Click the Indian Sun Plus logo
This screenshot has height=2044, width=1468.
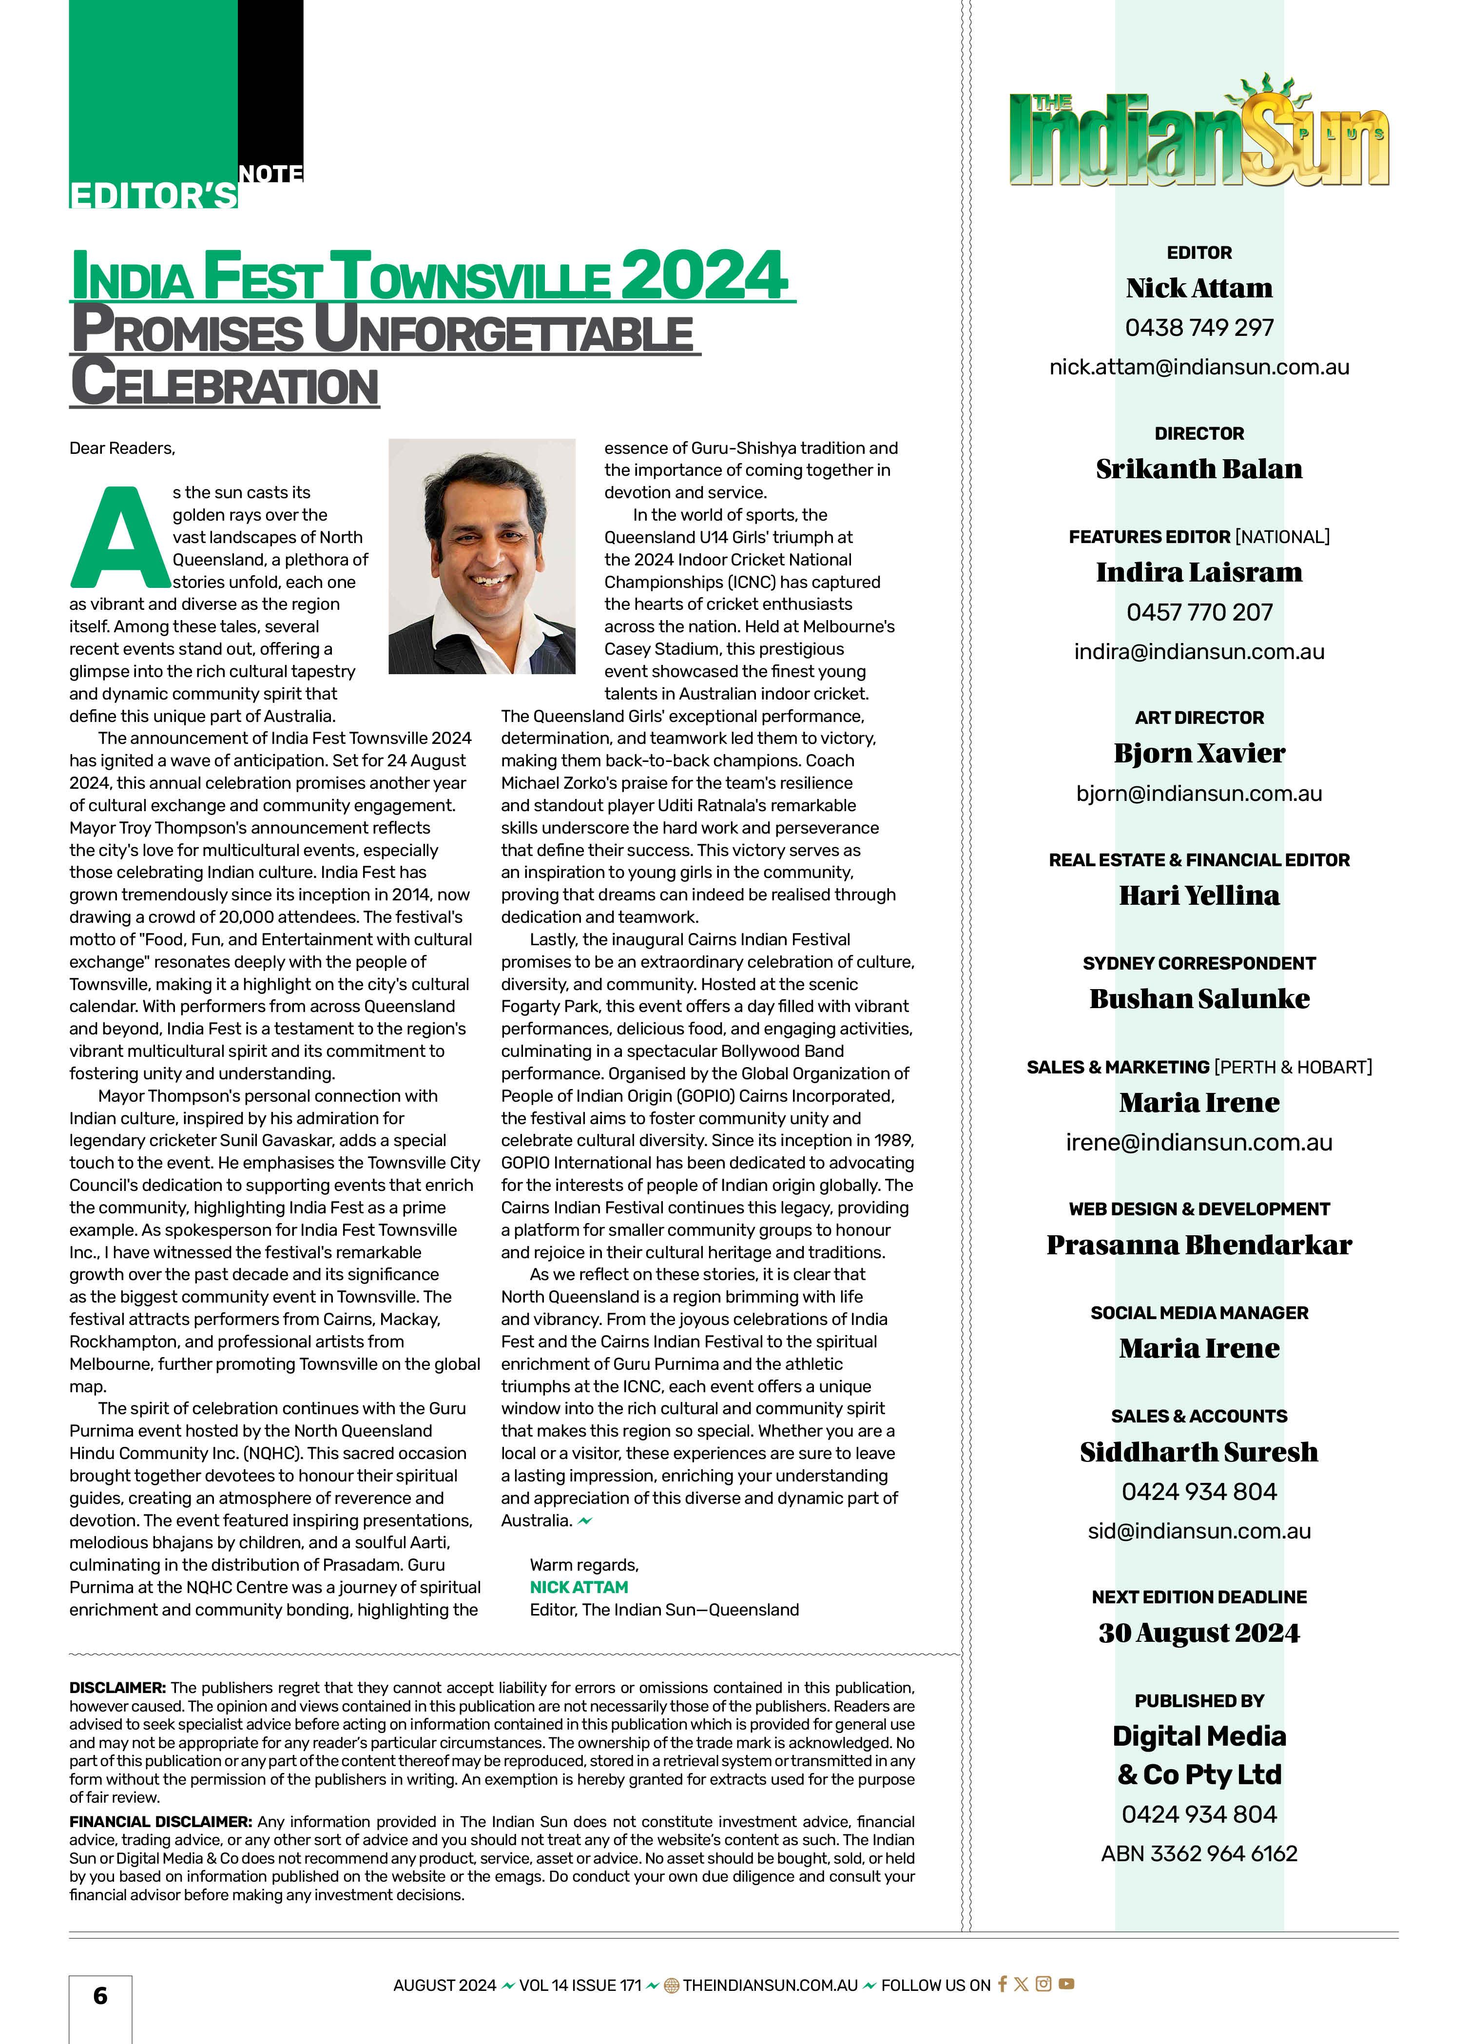1198,135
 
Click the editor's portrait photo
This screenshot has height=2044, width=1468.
481,556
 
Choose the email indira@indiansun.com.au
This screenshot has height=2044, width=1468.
1198,652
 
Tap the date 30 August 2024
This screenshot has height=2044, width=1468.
1198,1633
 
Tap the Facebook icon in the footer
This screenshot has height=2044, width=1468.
1001,1984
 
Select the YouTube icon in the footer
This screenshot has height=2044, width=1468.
1066,1984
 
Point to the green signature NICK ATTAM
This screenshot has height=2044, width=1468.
579,1587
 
